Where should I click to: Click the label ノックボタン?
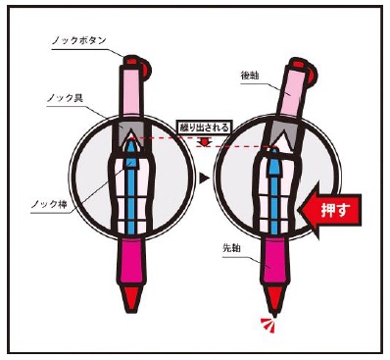tap(78, 41)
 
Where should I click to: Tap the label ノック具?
tap(65, 98)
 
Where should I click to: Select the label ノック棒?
tap(49, 204)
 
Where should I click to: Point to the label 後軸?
tap(250, 76)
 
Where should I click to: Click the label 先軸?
tap(231, 248)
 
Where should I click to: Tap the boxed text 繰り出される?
tap(203, 127)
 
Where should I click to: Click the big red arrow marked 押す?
tap(330, 210)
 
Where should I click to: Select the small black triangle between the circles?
tap(204, 178)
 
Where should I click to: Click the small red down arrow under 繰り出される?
tap(205, 142)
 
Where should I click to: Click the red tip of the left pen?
tap(131, 298)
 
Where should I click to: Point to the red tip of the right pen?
tap(274, 300)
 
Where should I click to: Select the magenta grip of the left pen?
tap(131, 261)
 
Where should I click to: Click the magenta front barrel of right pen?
tap(274, 262)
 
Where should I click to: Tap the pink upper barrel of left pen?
tap(131, 91)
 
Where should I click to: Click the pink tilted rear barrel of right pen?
tap(291, 91)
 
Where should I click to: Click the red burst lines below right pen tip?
tap(268, 325)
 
